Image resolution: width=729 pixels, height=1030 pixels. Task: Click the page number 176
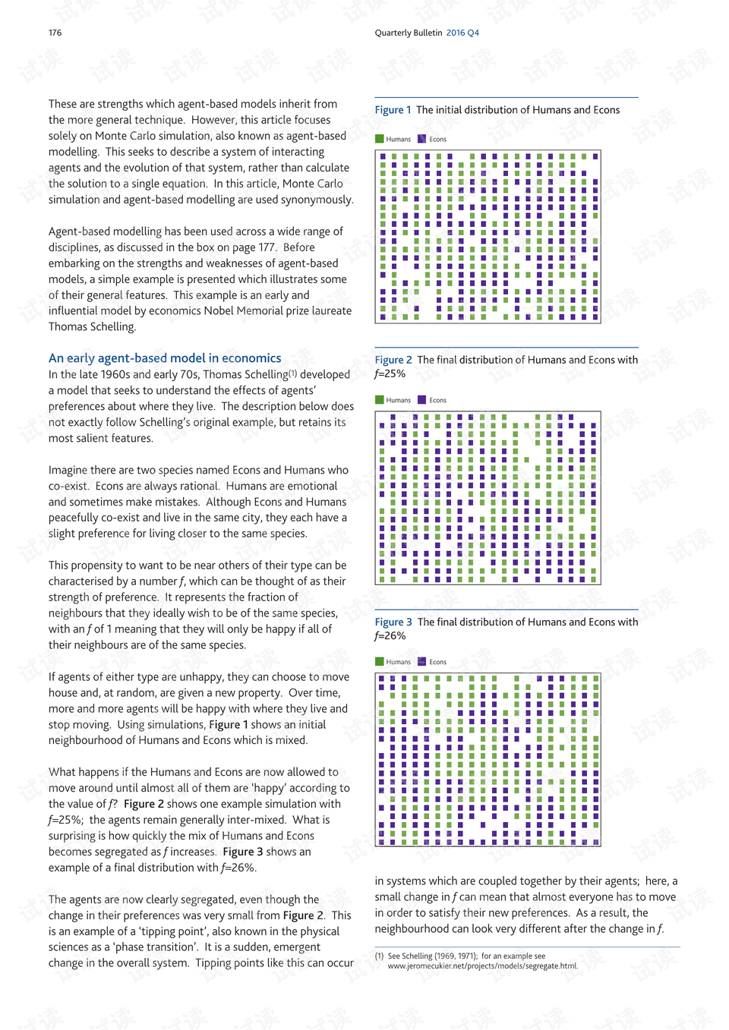pos(55,33)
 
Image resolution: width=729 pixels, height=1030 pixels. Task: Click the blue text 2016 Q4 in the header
pos(462,33)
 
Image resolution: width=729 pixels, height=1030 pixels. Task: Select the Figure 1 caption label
pos(393,110)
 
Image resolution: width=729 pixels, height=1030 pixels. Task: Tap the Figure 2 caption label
pos(393,360)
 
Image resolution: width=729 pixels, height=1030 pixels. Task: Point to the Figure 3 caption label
pos(393,622)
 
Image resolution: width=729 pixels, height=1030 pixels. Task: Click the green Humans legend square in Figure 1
pos(380,139)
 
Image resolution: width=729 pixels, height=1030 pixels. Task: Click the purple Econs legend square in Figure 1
pos(422,139)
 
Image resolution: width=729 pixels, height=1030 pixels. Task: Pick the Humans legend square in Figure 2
pos(380,400)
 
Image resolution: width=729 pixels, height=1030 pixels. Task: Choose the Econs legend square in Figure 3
pos(422,662)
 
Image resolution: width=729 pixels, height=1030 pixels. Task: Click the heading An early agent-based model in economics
pos(165,358)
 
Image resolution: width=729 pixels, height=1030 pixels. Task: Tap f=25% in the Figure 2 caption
pos(390,373)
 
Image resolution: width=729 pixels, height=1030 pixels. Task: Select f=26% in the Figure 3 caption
pos(390,636)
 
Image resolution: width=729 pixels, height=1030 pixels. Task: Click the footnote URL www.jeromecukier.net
pos(482,966)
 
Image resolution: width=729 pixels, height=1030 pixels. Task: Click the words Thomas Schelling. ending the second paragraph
pos(92,326)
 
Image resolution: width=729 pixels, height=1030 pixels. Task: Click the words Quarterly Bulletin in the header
pos(408,33)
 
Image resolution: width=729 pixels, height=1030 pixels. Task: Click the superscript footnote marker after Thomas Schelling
pos(292,373)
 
